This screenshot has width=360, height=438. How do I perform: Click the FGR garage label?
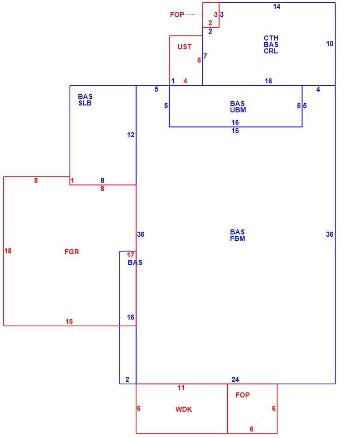(x=72, y=251)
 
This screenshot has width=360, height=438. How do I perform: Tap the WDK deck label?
(x=183, y=409)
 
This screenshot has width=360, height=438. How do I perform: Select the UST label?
(x=184, y=47)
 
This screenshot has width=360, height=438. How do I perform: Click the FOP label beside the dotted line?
(x=177, y=15)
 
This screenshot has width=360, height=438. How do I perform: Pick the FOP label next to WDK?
(x=242, y=395)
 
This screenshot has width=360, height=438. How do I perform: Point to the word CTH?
(x=271, y=38)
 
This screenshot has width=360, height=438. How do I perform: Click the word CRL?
(x=271, y=51)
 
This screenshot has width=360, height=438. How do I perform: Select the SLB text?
(x=85, y=103)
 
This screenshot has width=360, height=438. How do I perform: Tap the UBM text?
(x=238, y=110)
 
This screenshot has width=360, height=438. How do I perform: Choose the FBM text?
(x=237, y=239)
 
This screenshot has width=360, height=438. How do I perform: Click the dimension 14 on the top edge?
(x=277, y=6)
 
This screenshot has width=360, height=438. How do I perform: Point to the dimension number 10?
(x=330, y=44)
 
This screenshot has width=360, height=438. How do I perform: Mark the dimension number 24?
(x=235, y=380)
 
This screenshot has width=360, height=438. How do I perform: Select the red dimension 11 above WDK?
(x=181, y=388)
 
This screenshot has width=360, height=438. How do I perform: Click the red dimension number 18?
(x=8, y=251)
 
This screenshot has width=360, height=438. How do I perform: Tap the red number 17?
(x=130, y=255)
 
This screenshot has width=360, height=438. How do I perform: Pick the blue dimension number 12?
(x=130, y=135)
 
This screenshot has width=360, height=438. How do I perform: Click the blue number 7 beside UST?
(x=205, y=56)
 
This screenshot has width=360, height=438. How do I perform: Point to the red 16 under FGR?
(x=69, y=321)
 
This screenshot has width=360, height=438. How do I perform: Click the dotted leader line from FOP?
(x=197, y=15)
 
